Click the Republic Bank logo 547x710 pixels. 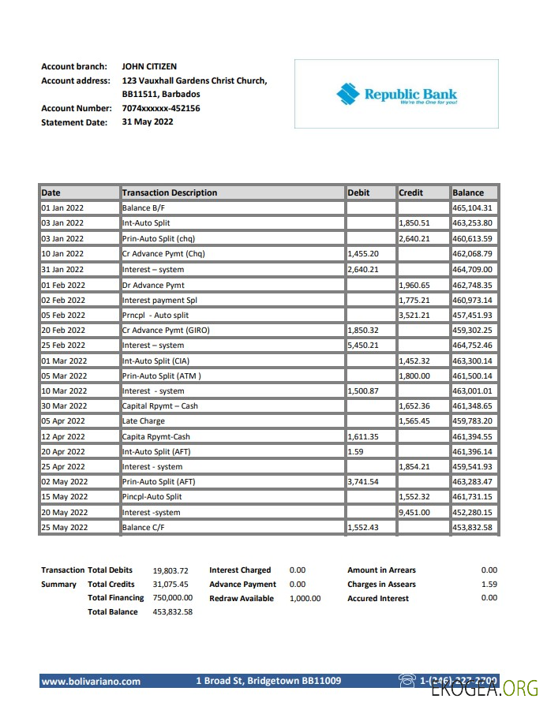coord(396,95)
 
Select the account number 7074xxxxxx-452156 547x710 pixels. coord(161,108)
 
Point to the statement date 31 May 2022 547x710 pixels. coord(148,122)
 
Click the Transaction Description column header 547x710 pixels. coord(170,192)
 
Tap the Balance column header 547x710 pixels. coord(468,192)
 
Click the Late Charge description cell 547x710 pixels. coord(144,421)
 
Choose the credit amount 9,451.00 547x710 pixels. coord(414,513)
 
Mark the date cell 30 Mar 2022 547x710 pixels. coord(63,406)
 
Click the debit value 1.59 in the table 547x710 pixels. coord(355,452)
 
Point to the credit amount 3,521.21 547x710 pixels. coord(414,315)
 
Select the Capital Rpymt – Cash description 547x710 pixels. coord(160,406)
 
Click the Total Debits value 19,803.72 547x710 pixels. coord(170,570)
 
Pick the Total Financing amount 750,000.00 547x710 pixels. coord(172,599)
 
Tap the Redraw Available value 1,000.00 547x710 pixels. coord(305,599)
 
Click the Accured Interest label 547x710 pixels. coord(378,599)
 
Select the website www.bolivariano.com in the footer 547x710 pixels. coord(91,681)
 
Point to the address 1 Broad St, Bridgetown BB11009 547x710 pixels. coord(268,681)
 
